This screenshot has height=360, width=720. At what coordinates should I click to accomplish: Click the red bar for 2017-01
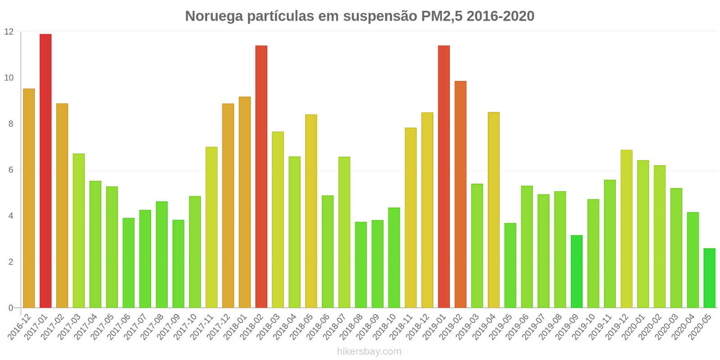pos(45,171)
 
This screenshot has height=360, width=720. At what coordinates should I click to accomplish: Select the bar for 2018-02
pos(261,177)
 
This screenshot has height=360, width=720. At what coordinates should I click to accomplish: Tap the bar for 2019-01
pos(444,177)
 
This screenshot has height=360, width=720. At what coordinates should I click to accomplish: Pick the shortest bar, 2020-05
pos(709,278)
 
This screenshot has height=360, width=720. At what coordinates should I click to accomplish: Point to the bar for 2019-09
pos(576,271)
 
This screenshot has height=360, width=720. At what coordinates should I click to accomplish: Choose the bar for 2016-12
pos(29,198)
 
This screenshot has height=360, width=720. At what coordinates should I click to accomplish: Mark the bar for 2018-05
pos(311,211)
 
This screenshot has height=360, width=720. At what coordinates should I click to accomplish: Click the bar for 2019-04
pos(494,210)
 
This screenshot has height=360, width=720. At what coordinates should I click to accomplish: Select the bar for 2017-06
pos(128,263)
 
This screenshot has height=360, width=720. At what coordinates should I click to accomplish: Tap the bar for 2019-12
pos(626,229)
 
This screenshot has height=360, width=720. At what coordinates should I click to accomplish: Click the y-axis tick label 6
pos(11,170)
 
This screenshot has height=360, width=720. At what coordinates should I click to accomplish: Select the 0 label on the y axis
pos(11,308)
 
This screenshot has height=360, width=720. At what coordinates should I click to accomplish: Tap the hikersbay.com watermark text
pos(369,351)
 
